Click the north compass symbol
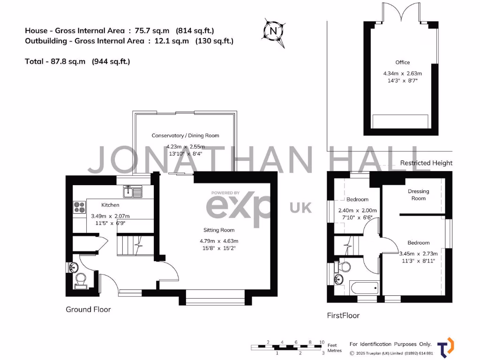(x=273, y=32)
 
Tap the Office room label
(x=402, y=62)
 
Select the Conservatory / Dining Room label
(x=185, y=135)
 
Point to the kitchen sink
(x=133, y=191)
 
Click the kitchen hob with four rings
(x=79, y=208)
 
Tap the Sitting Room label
(x=219, y=230)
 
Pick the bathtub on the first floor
(x=364, y=286)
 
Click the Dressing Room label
(x=419, y=195)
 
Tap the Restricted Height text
(x=426, y=163)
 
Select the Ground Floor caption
(x=88, y=309)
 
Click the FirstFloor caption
(x=343, y=315)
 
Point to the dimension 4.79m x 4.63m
(x=219, y=241)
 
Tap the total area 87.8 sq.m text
(x=77, y=61)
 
